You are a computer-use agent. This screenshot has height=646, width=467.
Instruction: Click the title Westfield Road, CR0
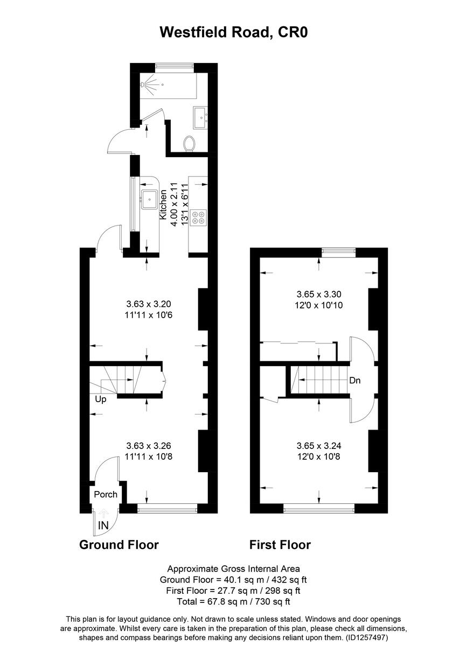click(233, 32)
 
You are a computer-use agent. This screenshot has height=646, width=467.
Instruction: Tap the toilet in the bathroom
click(189, 143)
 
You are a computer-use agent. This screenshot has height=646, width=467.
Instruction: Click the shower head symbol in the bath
click(147, 85)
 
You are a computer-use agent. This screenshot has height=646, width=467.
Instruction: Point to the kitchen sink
click(149, 199)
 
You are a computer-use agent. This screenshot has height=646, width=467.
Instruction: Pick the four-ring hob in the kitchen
click(198, 216)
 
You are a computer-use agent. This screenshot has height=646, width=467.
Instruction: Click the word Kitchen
click(163, 204)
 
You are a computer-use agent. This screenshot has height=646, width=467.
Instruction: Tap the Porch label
click(106, 494)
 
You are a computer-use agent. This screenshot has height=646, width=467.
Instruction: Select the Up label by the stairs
click(100, 399)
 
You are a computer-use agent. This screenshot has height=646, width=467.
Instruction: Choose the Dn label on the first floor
click(354, 381)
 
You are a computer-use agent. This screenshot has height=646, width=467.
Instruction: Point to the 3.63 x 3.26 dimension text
click(148, 446)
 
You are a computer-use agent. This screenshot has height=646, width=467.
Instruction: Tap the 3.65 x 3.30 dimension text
click(319, 294)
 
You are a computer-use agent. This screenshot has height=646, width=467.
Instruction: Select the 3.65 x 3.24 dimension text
click(319, 446)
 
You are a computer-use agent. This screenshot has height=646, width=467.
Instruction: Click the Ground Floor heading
click(119, 544)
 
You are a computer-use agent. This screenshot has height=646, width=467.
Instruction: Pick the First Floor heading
click(280, 544)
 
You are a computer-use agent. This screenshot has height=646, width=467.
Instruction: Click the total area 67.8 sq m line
click(233, 601)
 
